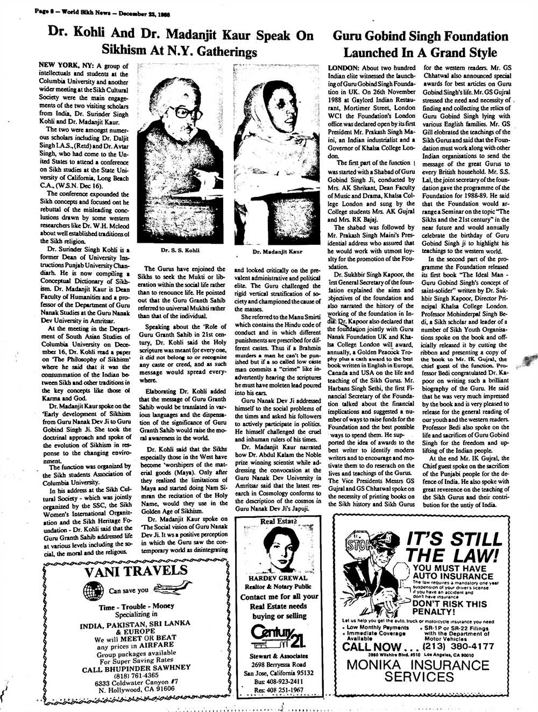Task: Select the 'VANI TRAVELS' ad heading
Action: pyautogui.click(x=135, y=572)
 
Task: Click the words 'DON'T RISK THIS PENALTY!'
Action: pyautogui.click(x=449, y=608)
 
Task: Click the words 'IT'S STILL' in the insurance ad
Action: pyautogui.click(x=455, y=539)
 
